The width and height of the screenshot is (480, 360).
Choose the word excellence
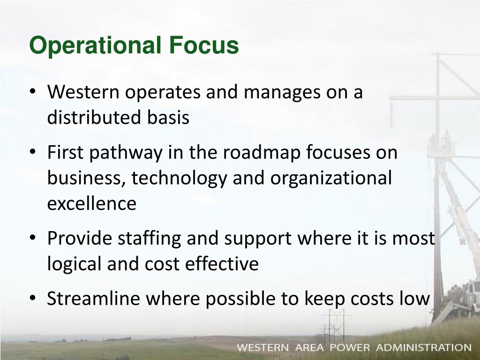pyautogui.click(x=92, y=204)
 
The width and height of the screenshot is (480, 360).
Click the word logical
pyautogui.click(x=75, y=264)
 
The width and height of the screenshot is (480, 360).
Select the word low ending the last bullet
pyautogui.click(x=414, y=299)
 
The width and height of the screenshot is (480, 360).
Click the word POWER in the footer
pyautogui.click(x=350, y=348)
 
